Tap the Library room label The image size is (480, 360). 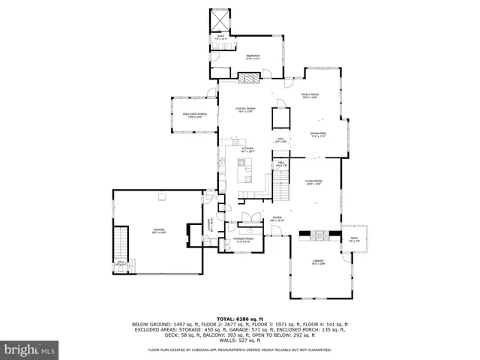(319, 261)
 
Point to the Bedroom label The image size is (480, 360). (253, 56)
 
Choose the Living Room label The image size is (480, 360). (313, 181)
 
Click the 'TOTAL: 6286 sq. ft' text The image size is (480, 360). (239, 319)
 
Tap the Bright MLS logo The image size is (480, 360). (29, 349)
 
